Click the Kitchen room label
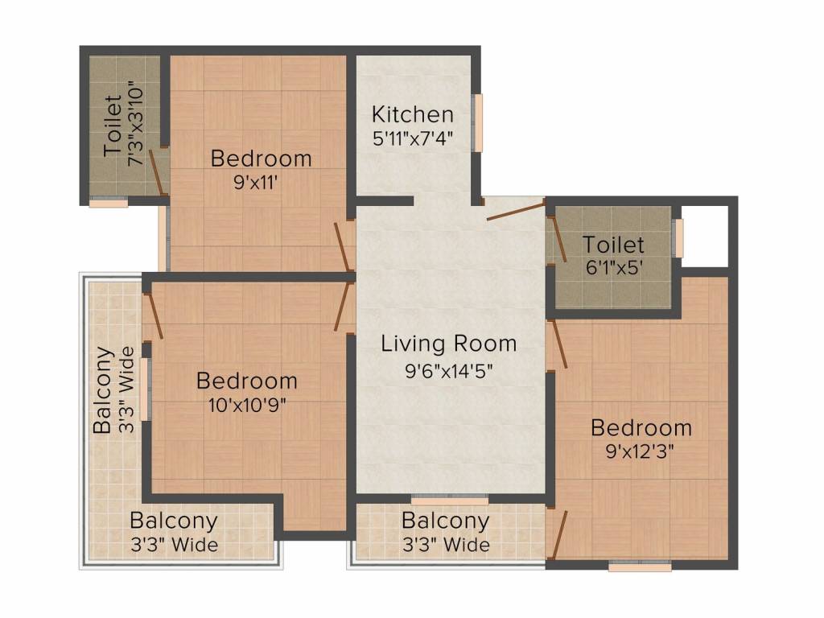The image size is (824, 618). [412, 114]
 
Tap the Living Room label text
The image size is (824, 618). [448, 344]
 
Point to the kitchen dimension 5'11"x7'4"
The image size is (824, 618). [412, 138]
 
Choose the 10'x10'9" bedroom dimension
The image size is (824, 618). [246, 404]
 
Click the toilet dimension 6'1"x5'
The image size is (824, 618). [613, 267]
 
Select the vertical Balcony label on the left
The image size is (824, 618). [103, 390]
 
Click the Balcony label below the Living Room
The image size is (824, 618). [445, 521]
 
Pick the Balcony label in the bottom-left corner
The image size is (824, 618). [174, 521]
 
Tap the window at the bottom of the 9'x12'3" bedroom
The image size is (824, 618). [640, 566]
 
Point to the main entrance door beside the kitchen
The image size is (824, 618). [515, 211]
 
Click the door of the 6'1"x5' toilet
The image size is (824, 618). [557, 239]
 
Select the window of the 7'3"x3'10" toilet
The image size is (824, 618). [108, 203]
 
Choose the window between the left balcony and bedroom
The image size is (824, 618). [146, 389]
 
